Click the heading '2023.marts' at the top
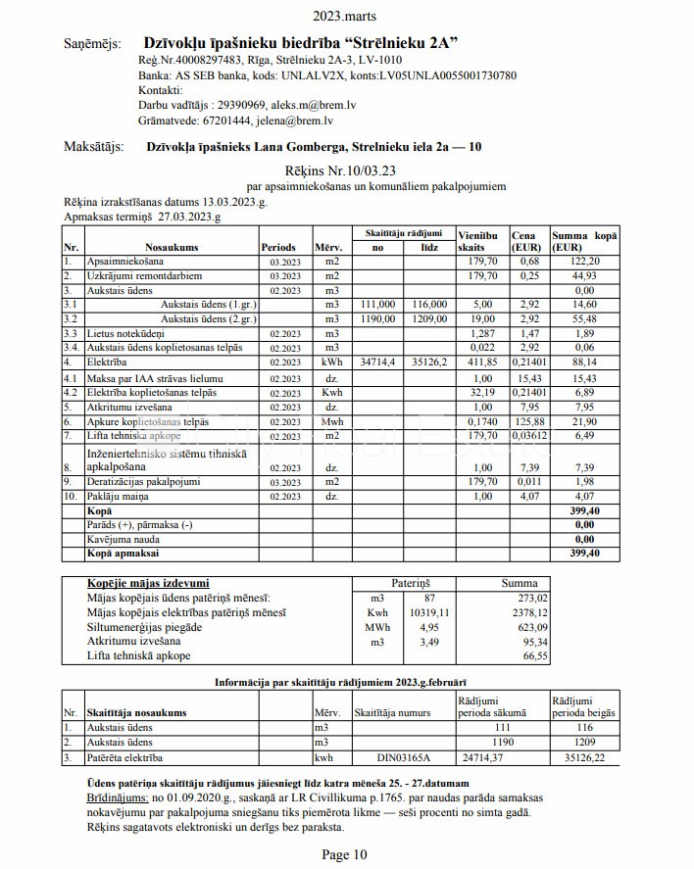click(x=345, y=16)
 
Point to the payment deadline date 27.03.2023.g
click(x=189, y=216)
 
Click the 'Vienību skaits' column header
click(x=477, y=242)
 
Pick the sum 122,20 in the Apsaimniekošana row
click(x=577, y=262)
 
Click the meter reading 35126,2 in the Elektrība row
click(x=426, y=362)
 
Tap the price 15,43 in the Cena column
click(x=529, y=378)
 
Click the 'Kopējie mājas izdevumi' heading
click(x=148, y=583)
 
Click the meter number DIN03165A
click(x=403, y=757)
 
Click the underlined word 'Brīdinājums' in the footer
click(x=117, y=799)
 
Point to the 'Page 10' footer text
click(x=345, y=854)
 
